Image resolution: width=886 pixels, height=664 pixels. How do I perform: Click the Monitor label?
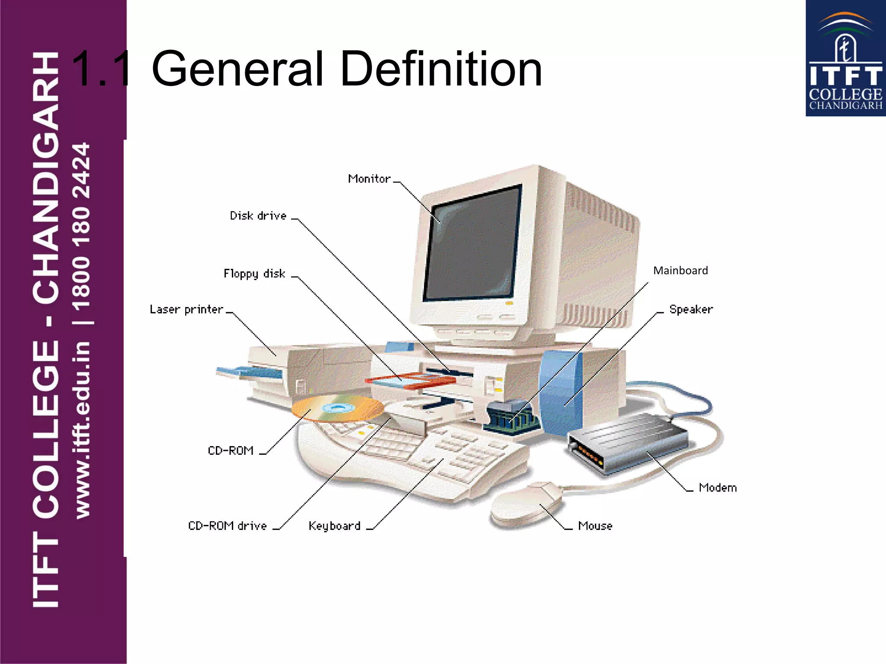[369, 179]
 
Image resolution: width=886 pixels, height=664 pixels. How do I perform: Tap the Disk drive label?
[258, 216]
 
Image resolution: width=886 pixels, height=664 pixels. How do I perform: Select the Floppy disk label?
[254, 274]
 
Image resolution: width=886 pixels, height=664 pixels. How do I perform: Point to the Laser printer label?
[186, 310]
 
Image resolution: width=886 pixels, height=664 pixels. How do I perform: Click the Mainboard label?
[681, 271]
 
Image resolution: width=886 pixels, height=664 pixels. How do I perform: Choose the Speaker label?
[691, 310]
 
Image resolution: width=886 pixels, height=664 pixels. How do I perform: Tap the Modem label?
[718, 488]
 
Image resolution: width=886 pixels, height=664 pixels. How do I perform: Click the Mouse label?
[595, 526]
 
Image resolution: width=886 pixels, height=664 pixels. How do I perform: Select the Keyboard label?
[334, 526]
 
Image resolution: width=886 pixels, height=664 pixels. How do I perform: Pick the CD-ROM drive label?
[228, 526]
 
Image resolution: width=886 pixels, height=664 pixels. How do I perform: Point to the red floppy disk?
[409, 380]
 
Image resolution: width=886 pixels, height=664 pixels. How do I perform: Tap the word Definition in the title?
[441, 69]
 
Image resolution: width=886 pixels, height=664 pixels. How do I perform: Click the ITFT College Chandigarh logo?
[845, 58]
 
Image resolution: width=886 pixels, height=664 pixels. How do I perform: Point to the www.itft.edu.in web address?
[82, 430]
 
